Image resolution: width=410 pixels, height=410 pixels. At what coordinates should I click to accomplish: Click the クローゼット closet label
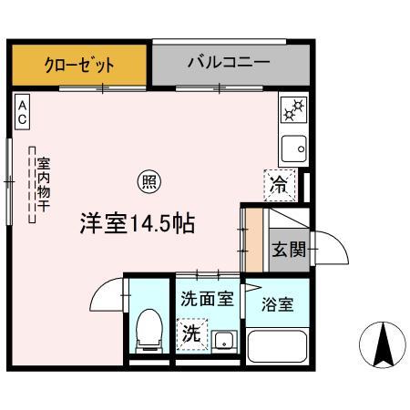[80, 65]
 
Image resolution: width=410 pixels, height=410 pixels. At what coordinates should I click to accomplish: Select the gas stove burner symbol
[293, 111]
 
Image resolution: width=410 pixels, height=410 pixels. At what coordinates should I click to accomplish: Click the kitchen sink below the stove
[293, 146]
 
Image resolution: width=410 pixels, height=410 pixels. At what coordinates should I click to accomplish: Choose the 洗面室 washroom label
[206, 297]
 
